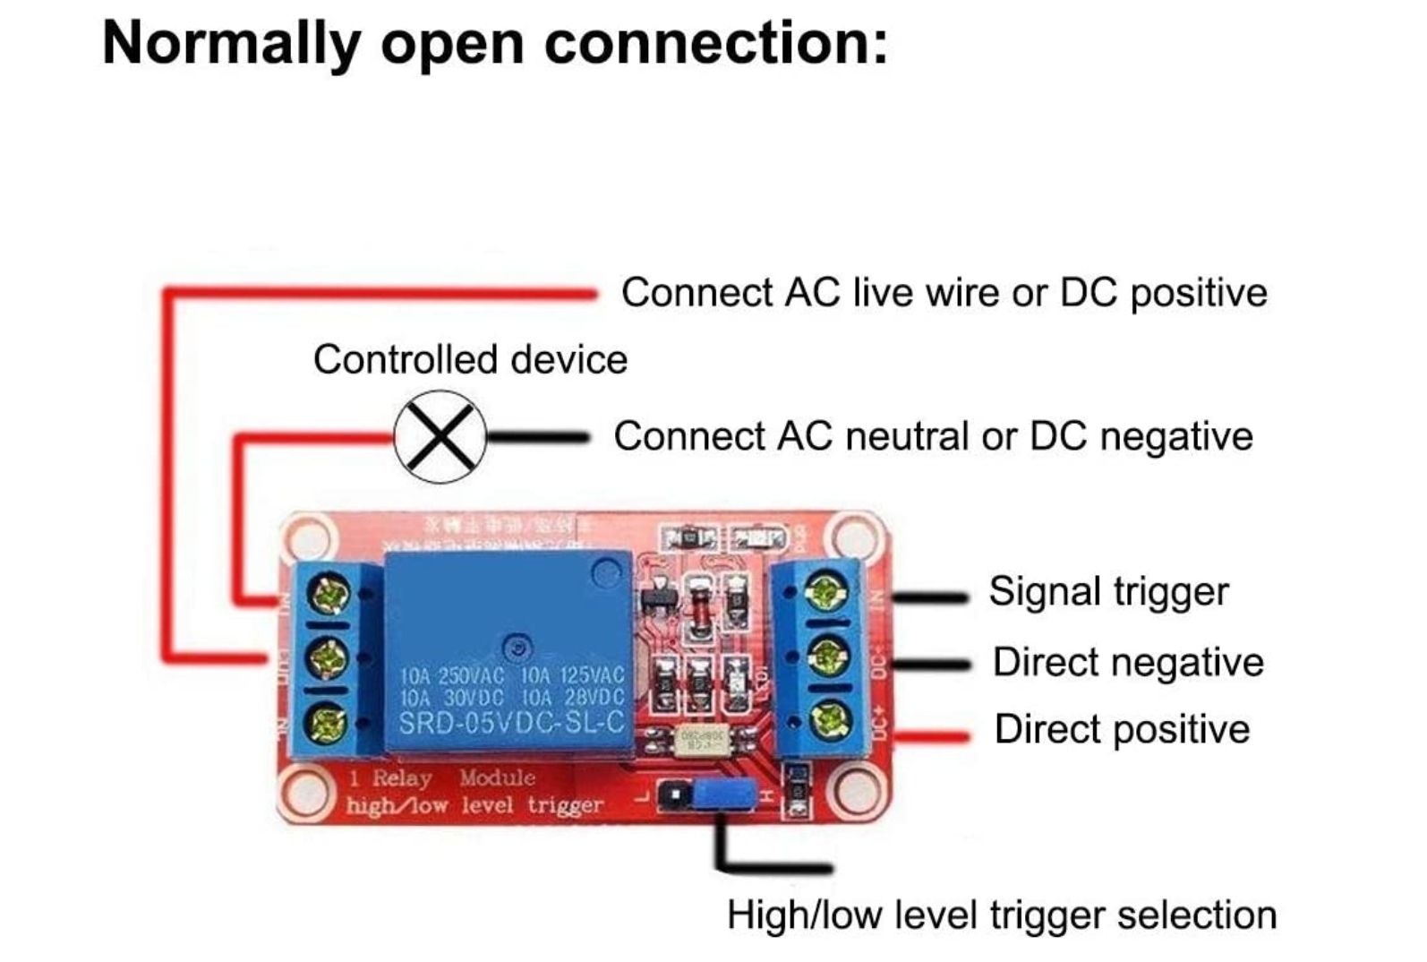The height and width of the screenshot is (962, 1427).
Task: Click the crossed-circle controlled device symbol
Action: [x=440, y=437]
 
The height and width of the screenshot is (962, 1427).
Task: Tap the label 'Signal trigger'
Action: [x=1108, y=592]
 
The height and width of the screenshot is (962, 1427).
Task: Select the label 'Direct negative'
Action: [x=1128, y=663]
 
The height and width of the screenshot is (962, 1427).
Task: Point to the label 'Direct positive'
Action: [x=1122, y=729]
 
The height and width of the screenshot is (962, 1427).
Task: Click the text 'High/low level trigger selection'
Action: [x=1001, y=915]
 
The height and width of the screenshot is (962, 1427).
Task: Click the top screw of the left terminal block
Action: [x=329, y=595]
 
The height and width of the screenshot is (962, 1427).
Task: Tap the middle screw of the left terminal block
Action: [x=329, y=658]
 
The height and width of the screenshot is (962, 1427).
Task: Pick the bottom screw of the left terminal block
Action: [x=329, y=722]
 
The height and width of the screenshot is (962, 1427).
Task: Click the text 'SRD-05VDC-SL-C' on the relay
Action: [x=511, y=722]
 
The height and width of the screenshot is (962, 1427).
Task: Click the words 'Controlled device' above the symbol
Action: [x=470, y=360]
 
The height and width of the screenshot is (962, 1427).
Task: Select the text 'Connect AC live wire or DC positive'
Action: [x=944, y=293]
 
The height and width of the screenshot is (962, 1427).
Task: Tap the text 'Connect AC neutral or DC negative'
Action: [x=933, y=437]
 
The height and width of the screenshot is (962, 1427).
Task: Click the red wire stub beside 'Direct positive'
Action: [x=933, y=737]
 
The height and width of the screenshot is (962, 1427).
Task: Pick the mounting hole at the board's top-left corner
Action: [x=310, y=540]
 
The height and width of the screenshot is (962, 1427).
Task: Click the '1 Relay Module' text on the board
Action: [x=442, y=777]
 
